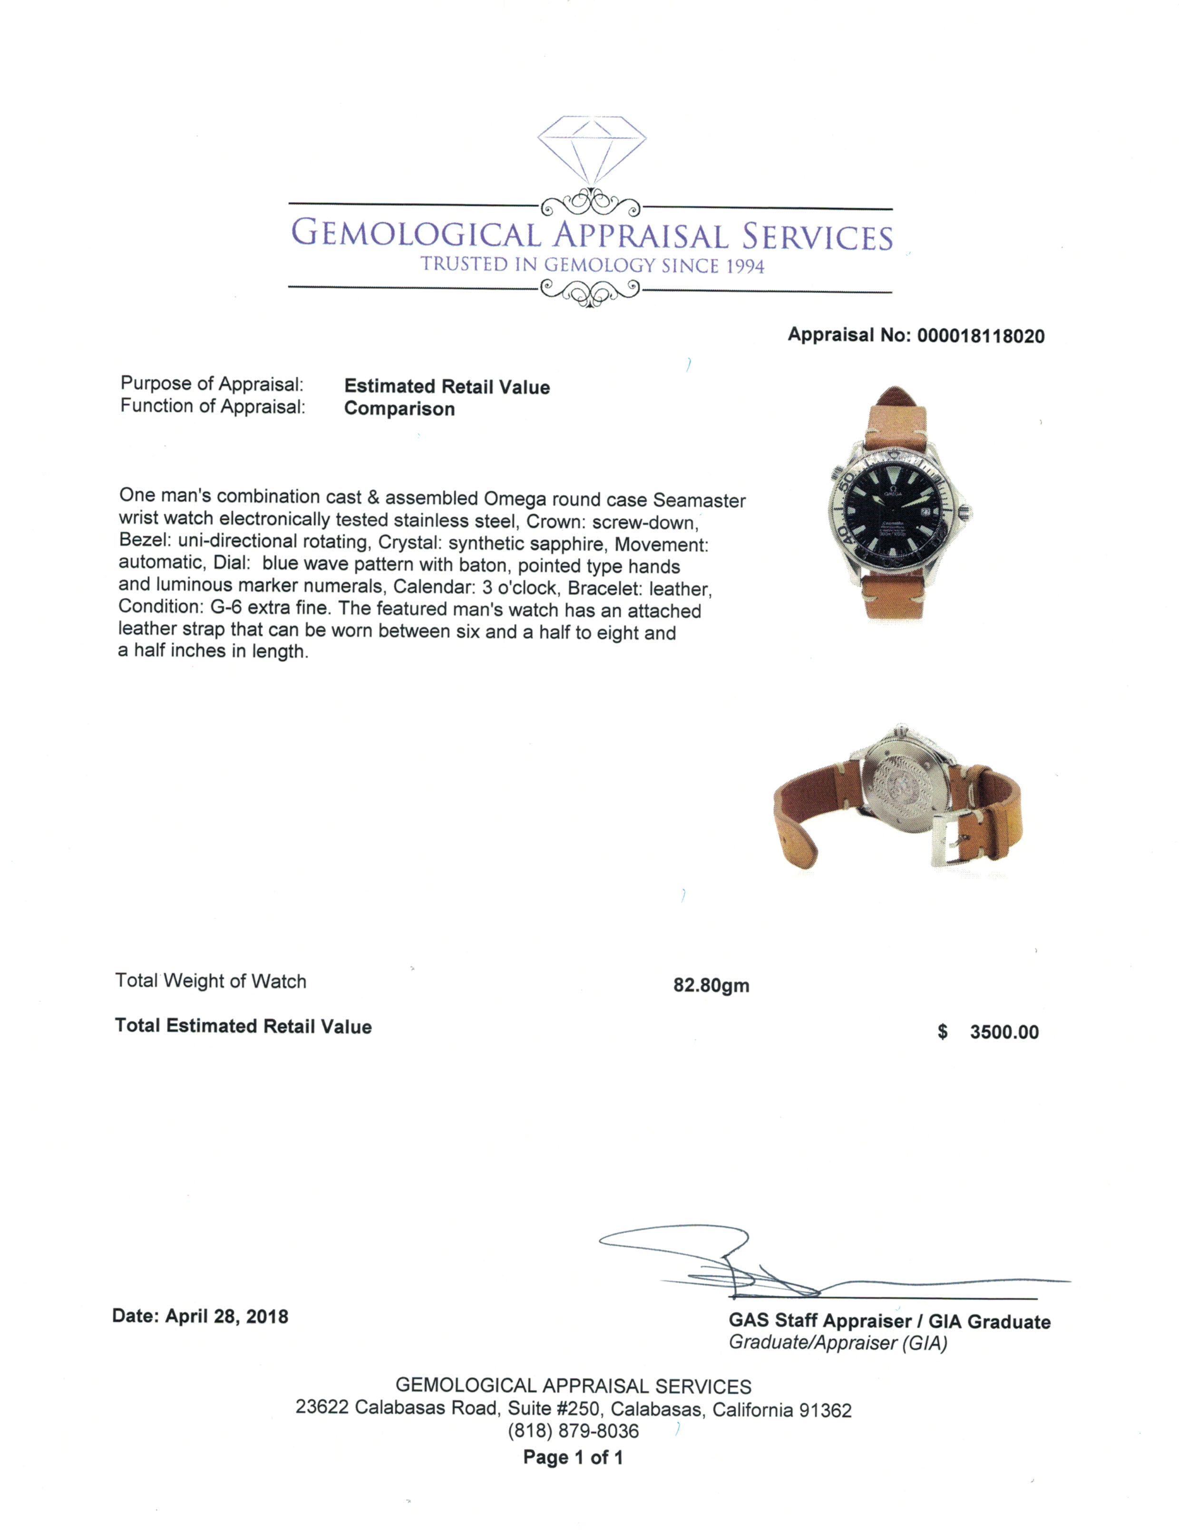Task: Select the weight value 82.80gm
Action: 711,985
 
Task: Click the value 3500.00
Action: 1004,1031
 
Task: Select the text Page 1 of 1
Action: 573,1458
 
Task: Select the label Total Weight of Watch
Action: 211,981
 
